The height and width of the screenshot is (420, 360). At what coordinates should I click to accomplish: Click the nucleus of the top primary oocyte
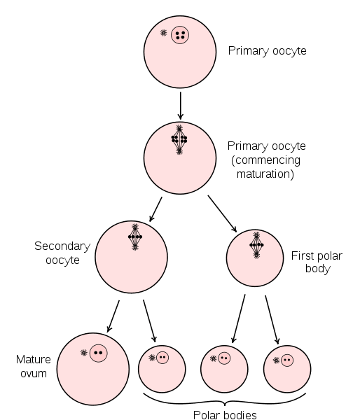180,35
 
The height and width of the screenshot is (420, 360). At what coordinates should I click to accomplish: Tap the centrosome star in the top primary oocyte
163,33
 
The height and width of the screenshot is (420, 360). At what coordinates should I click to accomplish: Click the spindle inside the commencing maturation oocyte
179,139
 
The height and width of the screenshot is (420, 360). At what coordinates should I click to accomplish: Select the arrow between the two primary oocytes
181,106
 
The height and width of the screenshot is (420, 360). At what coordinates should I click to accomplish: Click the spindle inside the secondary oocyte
135,237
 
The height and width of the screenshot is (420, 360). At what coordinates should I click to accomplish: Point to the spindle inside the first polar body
256,245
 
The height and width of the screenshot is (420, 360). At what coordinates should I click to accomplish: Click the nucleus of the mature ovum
98,353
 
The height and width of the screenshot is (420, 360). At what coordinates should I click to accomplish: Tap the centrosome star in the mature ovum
84,353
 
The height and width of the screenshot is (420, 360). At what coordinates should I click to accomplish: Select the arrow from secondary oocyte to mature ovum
113,316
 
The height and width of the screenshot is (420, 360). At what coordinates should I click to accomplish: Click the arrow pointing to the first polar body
222,213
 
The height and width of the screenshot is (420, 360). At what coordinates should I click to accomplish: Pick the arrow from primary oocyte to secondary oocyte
155,209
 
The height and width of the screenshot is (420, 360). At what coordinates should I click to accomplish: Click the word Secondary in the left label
62,246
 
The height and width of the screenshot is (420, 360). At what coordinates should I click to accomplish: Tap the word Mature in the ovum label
33,360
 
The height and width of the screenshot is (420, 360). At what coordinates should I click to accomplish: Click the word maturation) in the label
265,174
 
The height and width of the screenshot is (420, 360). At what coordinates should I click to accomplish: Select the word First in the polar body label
302,255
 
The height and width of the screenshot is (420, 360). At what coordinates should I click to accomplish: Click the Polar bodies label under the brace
225,415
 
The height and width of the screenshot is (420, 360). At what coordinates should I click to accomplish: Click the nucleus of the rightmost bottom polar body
287,360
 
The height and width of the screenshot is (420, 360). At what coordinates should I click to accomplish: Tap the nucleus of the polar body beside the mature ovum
162,358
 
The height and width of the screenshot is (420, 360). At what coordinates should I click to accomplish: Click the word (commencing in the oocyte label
265,160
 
